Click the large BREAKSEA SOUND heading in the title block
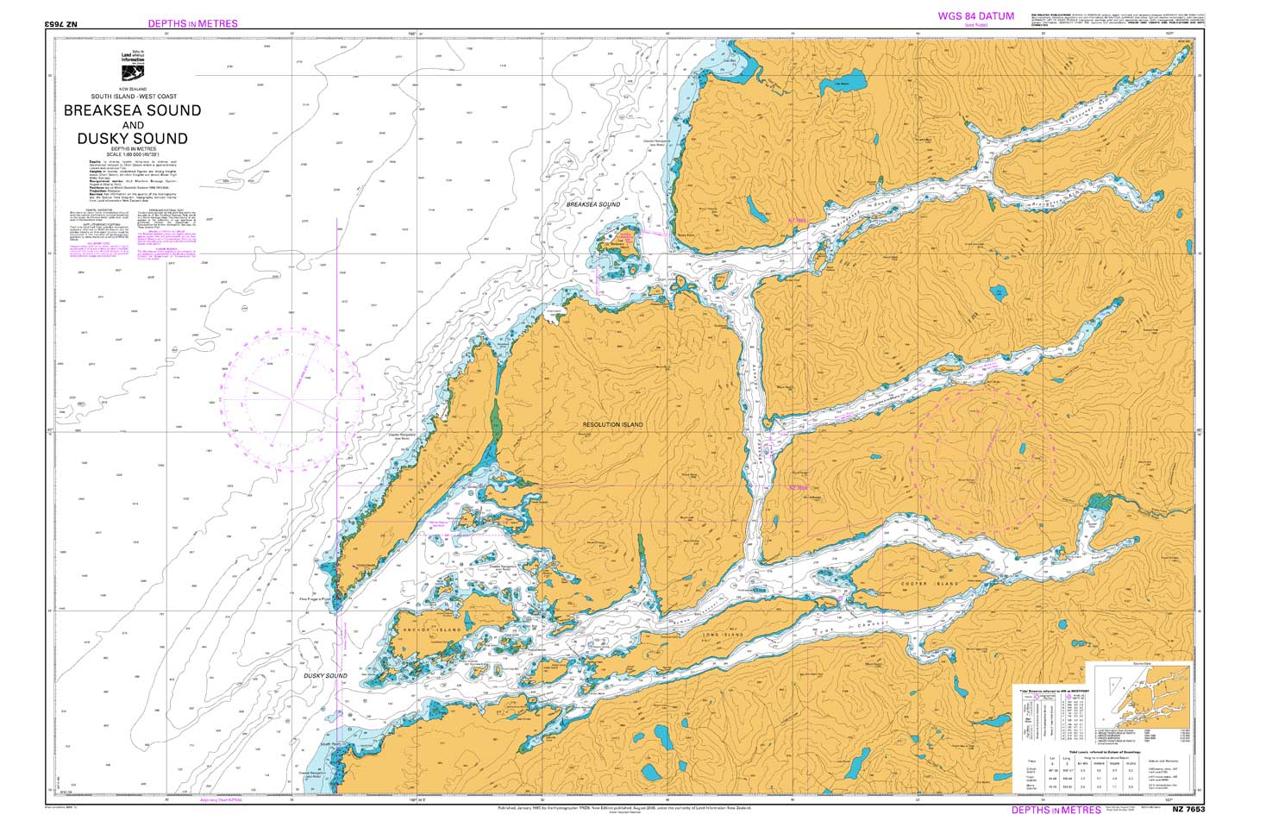tap(132, 110)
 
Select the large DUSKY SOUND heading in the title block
tap(132, 138)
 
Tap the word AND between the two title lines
tap(132, 125)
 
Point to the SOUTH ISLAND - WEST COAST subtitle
tap(132, 96)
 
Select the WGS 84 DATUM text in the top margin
tap(976, 16)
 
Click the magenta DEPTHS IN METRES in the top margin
tap(192, 23)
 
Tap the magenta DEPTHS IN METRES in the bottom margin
tap(1056, 810)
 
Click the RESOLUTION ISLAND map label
tap(612, 425)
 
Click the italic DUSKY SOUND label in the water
tap(324, 675)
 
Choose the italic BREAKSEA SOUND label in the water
tap(592, 204)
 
